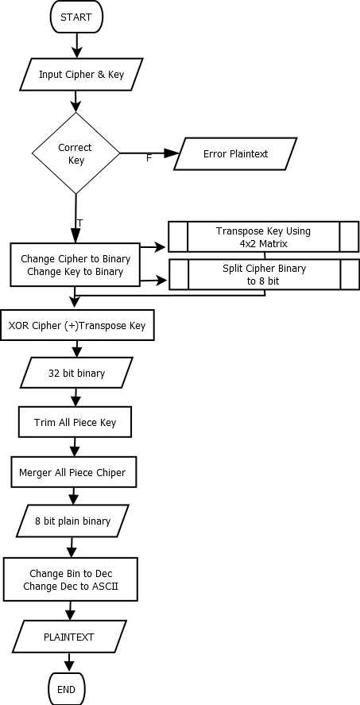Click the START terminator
tap(76, 17)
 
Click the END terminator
tap(67, 689)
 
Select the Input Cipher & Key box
tap(81, 74)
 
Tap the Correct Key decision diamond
tap(75, 153)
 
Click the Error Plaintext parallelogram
tap(235, 153)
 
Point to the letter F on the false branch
tap(149, 158)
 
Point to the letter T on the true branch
tap(80, 223)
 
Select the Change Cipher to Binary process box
tap(75, 265)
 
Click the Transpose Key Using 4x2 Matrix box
tap(263, 237)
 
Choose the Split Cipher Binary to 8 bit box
tap(264, 274)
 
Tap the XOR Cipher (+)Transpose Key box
tap(77, 325)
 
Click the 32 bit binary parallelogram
tap(76, 373)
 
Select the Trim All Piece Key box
tap(75, 422)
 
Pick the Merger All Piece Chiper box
tap(73, 472)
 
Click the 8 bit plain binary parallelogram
tap(72, 521)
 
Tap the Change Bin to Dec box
tap(71, 579)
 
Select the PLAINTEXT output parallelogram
tap(69, 637)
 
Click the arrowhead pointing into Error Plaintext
tap(172, 153)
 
